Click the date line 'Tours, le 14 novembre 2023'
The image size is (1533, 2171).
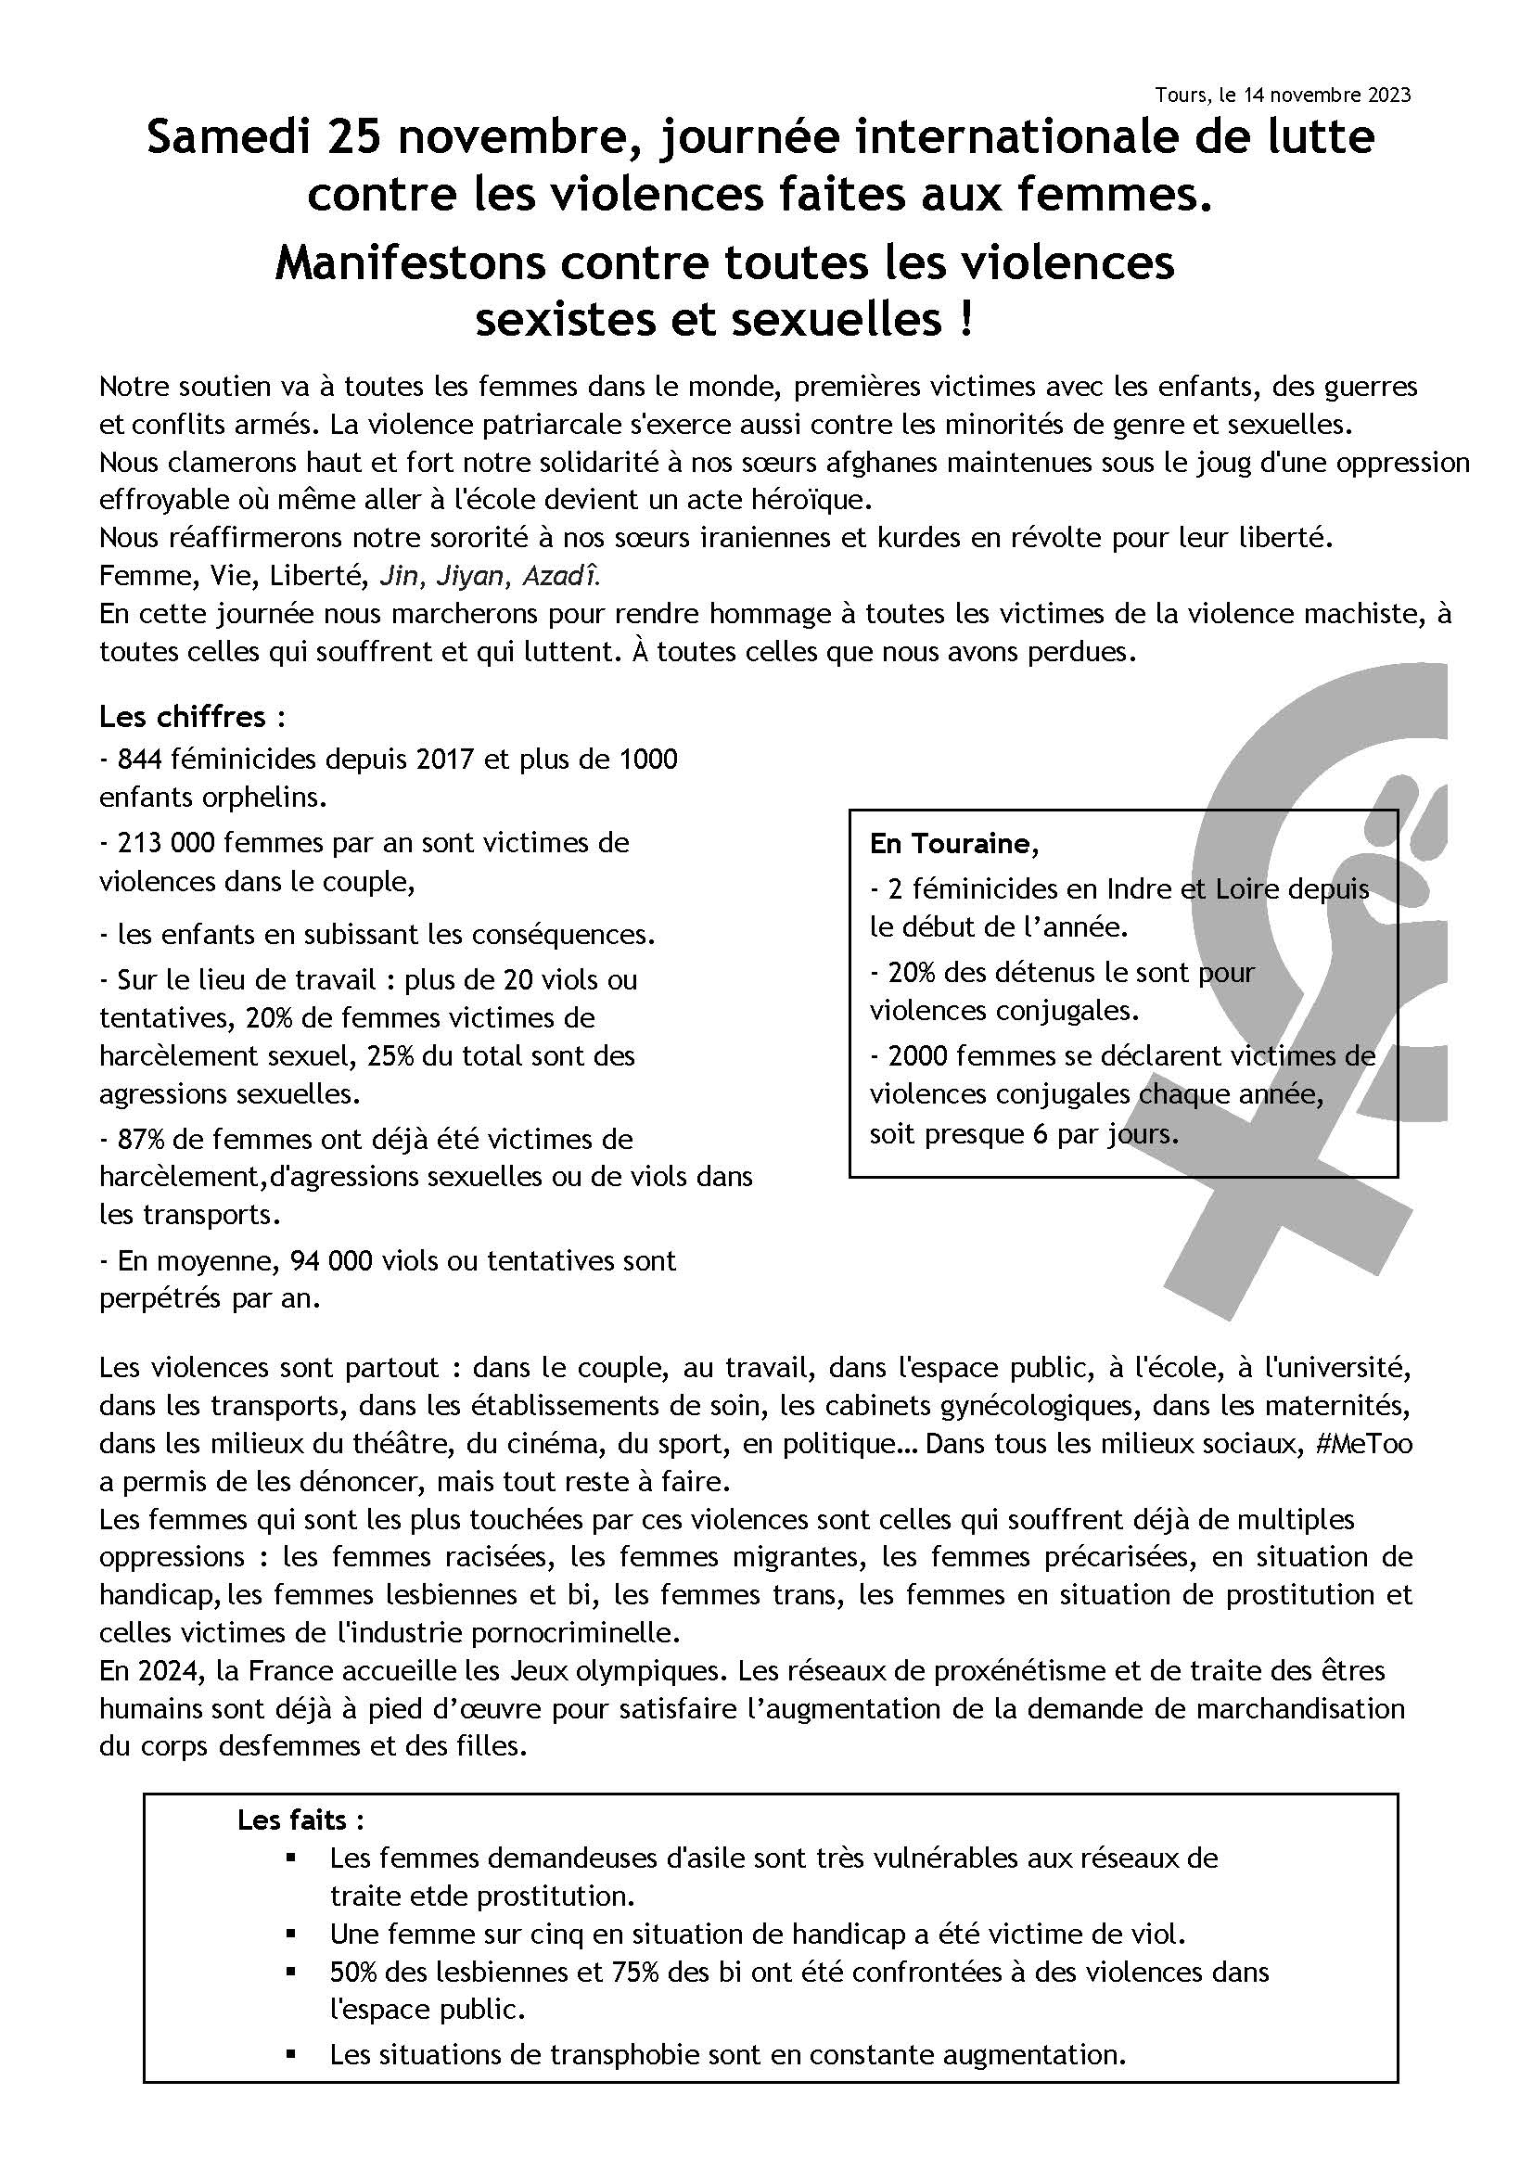pos(1282,96)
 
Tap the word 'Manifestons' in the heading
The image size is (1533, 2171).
pos(410,262)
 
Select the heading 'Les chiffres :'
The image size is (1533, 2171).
pos(192,717)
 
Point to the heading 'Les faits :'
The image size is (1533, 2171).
pos(301,1820)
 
